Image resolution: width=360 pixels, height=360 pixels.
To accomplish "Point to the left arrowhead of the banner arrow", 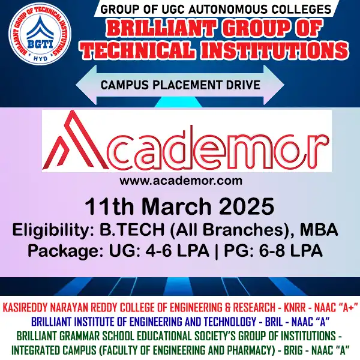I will point(81,84).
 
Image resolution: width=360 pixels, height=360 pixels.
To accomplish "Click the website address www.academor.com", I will point(181,180).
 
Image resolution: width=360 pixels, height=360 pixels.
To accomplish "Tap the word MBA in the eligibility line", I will point(317,230).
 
